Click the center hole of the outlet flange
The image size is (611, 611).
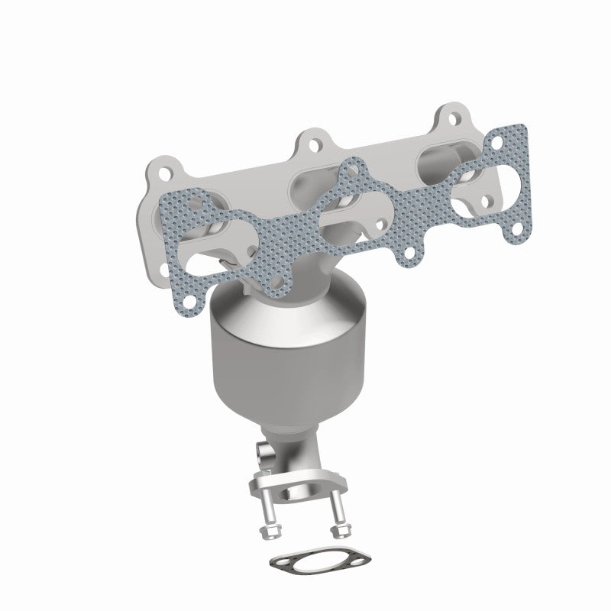(x=303, y=487)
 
